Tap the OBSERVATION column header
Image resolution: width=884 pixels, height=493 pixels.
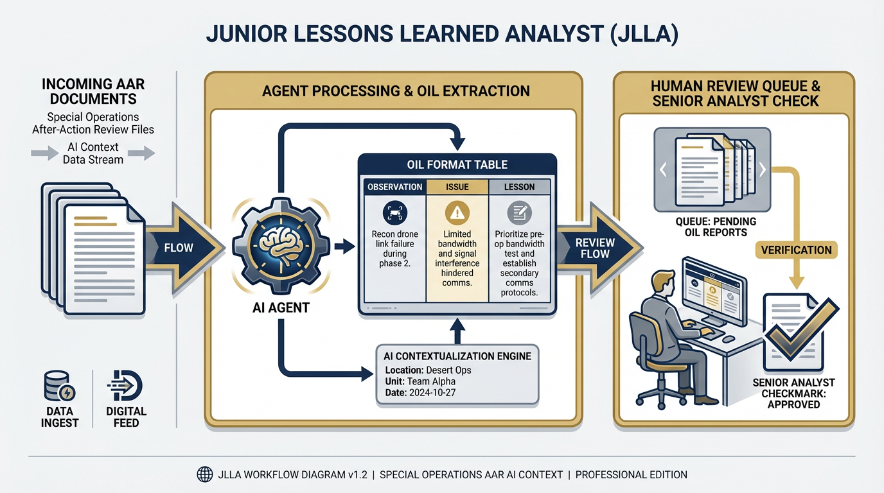click(x=394, y=187)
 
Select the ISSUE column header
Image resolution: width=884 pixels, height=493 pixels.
click(x=457, y=187)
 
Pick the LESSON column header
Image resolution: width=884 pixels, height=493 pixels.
click(x=519, y=187)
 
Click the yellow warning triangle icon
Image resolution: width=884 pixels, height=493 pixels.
click(x=457, y=212)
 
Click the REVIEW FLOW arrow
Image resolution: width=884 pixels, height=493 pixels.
click(x=595, y=248)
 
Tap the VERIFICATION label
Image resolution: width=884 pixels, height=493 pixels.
click(x=796, y=250)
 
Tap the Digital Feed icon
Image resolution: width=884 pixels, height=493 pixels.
click(x=125, y=385)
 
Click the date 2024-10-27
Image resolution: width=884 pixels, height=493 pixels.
click(x=432, y=393)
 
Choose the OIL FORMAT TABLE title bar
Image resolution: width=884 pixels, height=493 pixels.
click(x=457, y=164)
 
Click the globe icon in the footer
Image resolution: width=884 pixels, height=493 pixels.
click(x=204, y=475)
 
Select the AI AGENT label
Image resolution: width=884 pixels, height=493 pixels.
click(x=280, y=307)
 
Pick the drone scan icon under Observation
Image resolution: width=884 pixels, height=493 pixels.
click(x=394, y=212)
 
